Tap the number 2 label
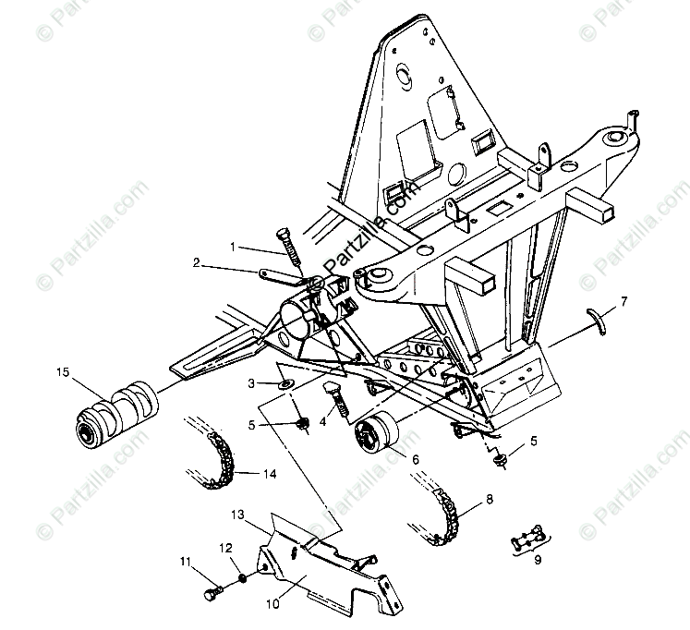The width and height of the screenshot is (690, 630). click(x=197, y=262)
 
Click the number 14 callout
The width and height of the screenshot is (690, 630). click(x=269, y=475)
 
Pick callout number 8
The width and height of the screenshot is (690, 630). click(x=489, y=499)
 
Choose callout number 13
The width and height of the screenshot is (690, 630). click(x=236, y=514)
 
